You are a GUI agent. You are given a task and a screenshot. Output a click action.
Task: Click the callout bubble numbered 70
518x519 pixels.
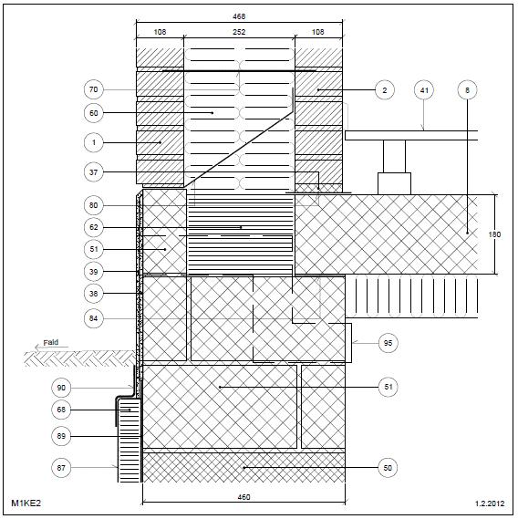(x=94, y=89)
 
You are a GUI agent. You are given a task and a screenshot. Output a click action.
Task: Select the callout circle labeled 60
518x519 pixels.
(x=94, y=113)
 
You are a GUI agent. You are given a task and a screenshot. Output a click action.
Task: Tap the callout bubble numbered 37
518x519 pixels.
(x=94, y=172)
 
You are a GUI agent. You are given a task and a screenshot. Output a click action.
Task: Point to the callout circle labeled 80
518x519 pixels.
(x=94, y=205)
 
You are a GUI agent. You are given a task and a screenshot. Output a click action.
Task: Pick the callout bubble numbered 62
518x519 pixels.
(x=94, y=227)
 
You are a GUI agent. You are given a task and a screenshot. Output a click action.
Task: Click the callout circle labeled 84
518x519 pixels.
(x=94, y=318)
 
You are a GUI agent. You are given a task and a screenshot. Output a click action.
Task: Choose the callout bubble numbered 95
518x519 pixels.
(x=388, y=343)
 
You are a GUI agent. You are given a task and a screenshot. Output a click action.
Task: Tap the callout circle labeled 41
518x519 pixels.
(x=424, y=90)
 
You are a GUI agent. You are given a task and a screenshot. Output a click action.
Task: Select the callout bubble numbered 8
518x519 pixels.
(x=467, y=90)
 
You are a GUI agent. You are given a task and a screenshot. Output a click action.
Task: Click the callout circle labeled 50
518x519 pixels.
(x=388, y=468)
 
